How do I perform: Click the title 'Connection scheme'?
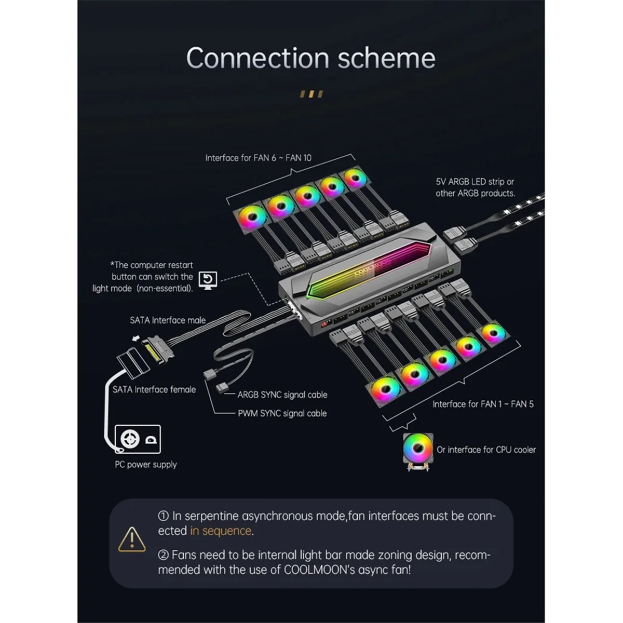tap(310, 58)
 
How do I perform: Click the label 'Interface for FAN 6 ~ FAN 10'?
tap(258, 158)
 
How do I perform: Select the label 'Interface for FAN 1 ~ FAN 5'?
tap(483, 404)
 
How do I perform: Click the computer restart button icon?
tap(208, 280)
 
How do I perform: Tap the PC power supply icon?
tap(137, 439)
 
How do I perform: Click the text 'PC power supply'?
tap(146, 465)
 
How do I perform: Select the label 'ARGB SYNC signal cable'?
tap(282, 395)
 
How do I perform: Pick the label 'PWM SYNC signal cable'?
tap(282, 413)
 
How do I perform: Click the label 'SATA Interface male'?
tap(168, 320)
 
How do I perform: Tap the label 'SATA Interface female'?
tap(154, 389)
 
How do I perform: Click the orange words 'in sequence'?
tap(221, 531)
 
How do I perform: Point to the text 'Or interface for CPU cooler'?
tap(486, 450)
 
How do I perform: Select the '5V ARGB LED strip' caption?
tap(475, 187)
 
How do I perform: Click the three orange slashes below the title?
tap(311, 94)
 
